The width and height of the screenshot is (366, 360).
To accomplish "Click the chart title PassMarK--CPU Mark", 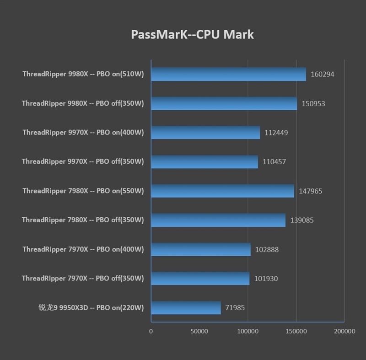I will coord(192,35).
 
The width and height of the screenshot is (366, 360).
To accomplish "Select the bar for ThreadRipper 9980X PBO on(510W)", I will coord(228,74).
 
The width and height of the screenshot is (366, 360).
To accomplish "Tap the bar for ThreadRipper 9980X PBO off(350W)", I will coord(224,103).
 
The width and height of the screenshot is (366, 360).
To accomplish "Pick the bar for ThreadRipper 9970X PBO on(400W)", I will coord(205,133).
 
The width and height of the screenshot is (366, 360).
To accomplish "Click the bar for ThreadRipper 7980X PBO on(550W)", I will coord(222,191).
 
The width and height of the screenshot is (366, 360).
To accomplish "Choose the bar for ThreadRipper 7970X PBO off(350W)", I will coord(200,278).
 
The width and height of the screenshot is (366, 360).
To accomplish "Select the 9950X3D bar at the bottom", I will coord(186,307).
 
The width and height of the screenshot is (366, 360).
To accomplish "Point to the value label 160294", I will coord(322,74).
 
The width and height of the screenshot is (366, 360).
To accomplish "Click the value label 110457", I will coord(274,161).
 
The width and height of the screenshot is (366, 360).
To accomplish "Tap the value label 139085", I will coord(302,220).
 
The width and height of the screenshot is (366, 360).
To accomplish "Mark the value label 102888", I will coord(267,249).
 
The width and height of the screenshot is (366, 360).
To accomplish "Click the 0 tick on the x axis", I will coord(151,331).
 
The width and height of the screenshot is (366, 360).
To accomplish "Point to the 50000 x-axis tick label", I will coord(199,331).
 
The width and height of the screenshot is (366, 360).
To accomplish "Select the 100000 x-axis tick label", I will coord(248,331).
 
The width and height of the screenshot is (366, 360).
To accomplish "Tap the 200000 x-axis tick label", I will coord(344,331).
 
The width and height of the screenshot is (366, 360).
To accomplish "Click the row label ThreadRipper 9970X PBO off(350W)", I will coord(83,161).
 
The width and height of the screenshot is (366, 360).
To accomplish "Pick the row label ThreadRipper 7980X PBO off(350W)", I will coord(83,220).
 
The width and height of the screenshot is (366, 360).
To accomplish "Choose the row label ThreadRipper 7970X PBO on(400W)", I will coord(83,249).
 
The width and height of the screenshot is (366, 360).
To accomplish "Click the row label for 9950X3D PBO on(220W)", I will coord(91,307).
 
